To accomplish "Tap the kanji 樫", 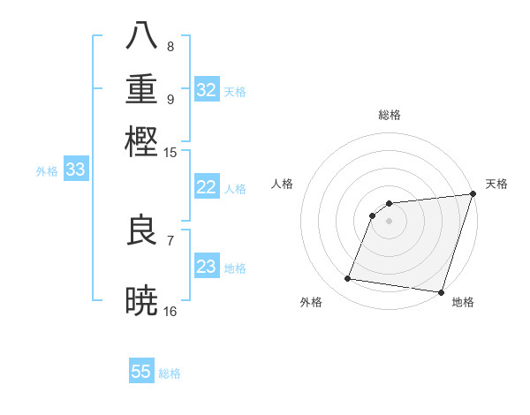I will click(x=142, y=141).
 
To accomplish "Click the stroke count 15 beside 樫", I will click(x=170, y=153).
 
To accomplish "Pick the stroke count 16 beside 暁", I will click(x=170, y=311).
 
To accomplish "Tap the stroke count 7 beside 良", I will click(x=170, y=239).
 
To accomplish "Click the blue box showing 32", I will click(x=207, y=90).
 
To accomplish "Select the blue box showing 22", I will click(x=207, y=188).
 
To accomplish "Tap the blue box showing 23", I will click(x=207, y=268).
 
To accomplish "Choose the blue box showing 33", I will click(x=75, y=170).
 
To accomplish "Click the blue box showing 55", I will click(x=141, y=372).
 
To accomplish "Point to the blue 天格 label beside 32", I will click(x=234, y=91).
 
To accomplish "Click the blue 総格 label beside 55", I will click(x=170, y=373).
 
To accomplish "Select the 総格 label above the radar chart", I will click(x=389, y=116).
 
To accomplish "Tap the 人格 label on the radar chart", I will click(x=283, y=184).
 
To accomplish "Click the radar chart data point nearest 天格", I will click(x=473, y=195).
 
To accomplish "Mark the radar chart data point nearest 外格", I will click(x=348, y=279).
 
